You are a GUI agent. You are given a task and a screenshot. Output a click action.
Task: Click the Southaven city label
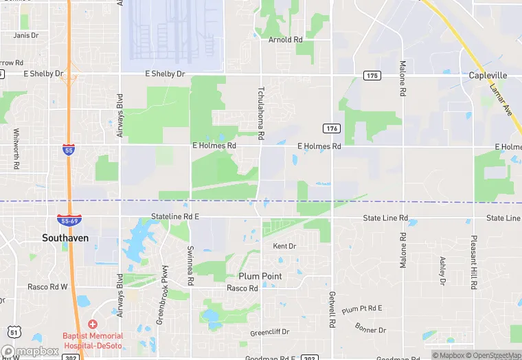pos(65,238)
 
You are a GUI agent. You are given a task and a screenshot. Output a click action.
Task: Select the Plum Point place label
pos(260,276)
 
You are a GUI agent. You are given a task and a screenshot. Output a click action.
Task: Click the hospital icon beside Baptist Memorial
pos(93,324)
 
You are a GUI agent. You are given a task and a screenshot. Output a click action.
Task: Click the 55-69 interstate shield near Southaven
pos(69,221)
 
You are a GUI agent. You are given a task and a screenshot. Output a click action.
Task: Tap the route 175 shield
pos(372,75)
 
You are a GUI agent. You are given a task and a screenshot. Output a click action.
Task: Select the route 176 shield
pos(332,128)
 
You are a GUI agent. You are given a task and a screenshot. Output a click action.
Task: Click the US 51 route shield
pos(14,333)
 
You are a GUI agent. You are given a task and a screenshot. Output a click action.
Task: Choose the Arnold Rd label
pos(285,40)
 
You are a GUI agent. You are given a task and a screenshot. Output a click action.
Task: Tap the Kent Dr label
pos(284,246)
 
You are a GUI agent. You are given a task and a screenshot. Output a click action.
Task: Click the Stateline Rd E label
pos(175,216)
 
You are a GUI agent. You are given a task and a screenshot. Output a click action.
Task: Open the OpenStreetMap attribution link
pos(493,355)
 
